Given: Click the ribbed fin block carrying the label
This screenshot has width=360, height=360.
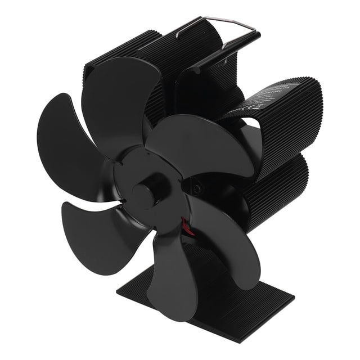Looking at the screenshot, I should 281,118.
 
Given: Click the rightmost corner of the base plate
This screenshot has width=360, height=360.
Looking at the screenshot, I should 294,299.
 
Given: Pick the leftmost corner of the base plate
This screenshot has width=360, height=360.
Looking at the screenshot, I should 118,292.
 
